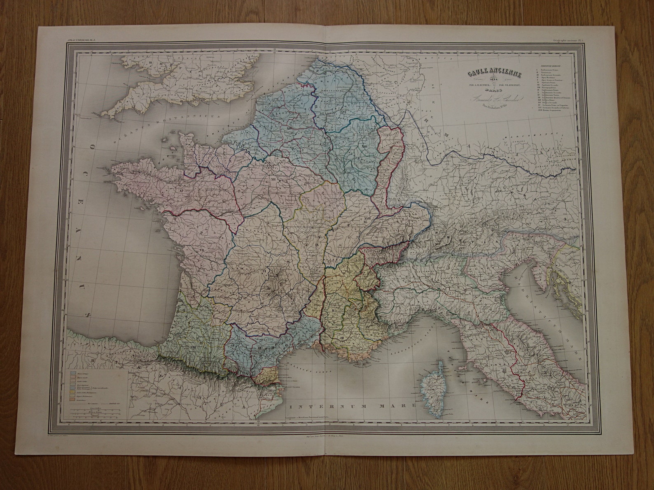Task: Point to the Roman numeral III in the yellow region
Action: [342, 338]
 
